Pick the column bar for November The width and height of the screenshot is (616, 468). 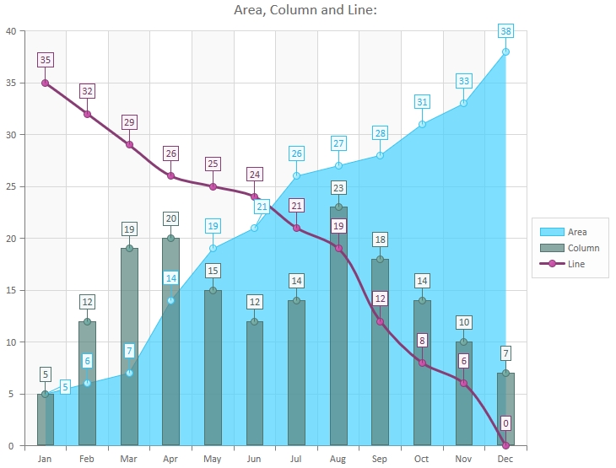464,396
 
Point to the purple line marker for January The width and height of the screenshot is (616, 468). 46,83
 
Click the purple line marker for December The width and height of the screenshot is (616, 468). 505,445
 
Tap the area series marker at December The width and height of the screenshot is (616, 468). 505,51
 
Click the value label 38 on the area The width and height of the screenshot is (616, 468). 505,31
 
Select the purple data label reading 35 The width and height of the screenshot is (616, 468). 46,60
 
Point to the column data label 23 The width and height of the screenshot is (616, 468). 338,187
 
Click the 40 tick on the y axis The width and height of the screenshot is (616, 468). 10,31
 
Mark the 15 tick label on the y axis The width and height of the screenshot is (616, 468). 10,290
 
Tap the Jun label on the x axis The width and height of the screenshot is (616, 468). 255,459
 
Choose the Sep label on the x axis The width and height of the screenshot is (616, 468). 380,459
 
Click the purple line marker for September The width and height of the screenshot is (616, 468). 380,321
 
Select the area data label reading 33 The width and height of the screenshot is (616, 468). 464,81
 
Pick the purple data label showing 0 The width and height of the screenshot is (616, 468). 505,423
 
